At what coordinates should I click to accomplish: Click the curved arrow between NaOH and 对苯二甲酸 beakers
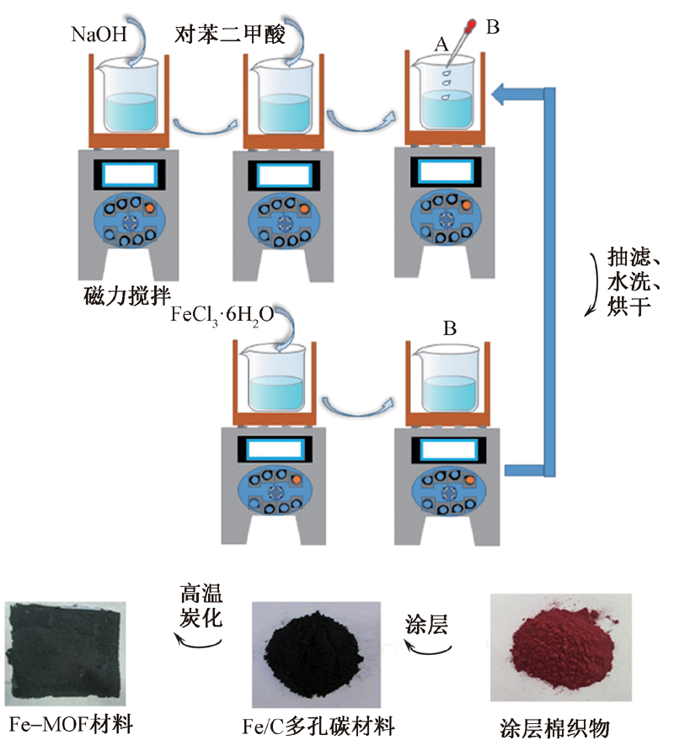click(x=200, y=126)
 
